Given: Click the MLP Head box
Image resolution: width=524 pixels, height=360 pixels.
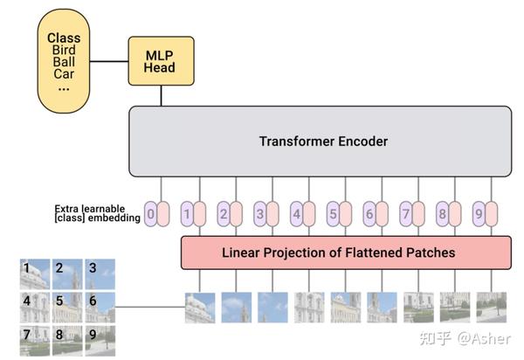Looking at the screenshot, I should pos(160,61).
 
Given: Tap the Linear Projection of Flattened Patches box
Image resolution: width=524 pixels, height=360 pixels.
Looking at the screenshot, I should pos(345,253).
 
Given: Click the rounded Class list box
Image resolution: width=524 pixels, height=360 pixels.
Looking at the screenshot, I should pos(63,62).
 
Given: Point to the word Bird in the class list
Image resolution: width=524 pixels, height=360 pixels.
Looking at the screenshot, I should pos(63,50).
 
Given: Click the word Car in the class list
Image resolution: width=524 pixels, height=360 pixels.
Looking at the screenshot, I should pos(63,74).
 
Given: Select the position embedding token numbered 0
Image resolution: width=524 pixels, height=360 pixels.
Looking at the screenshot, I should pos(151,212).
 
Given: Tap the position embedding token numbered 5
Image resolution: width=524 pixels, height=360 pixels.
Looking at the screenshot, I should pos(333,212).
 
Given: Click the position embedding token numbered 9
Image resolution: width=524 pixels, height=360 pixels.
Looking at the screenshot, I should pos(479,212).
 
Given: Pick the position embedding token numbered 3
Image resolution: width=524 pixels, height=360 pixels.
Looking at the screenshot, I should pos(259,212).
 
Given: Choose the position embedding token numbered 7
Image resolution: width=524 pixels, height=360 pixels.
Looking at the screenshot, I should pos(405,212).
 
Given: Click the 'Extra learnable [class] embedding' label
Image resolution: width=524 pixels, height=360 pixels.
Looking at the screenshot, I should pos(97,212).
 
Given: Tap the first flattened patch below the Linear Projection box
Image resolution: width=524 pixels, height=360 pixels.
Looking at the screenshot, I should pos(200,308).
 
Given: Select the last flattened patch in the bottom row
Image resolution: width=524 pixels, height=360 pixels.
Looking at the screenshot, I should pos(492,308).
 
